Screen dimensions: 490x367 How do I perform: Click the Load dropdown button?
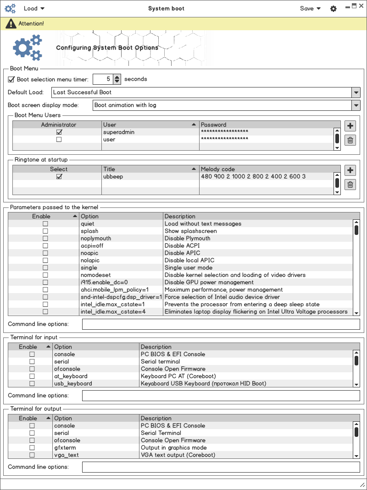click(34, 8)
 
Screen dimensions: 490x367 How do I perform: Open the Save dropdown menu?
click(310, 8)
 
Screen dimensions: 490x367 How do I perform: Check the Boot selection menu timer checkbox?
click(11, 79)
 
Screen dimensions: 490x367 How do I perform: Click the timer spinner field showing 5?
click(103, 79)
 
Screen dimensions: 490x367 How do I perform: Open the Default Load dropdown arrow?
click(356, 93)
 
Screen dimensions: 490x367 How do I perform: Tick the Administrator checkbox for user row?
click(59, 140)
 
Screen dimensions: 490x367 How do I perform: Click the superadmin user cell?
click(150, 132)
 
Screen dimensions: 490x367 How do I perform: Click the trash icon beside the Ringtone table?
click(350, 185)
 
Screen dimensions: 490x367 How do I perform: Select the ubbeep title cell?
click(150, 177)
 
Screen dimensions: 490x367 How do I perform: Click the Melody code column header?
click(266, 169)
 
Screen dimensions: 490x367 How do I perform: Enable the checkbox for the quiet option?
click(45, 224)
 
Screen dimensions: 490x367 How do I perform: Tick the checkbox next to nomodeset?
click(45, 275)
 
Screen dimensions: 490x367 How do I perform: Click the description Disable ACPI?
click(182, 246)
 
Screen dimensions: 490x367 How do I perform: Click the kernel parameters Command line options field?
click(221, 324)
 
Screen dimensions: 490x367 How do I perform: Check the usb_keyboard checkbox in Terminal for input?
click(32, 384)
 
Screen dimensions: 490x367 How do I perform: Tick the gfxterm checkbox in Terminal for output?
click(32, 448)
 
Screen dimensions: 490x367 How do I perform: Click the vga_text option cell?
click(67, 455)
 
